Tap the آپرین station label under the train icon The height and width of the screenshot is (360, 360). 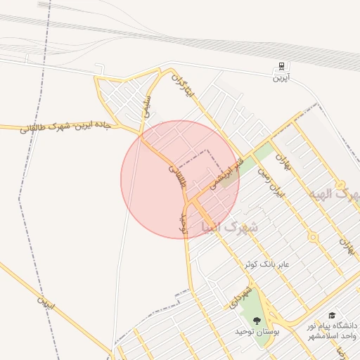point(281,78)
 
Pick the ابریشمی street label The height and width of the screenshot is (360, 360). point(220,173)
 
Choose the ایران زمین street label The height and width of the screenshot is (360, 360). point(270,181)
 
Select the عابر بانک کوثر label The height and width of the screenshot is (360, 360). point(266,264)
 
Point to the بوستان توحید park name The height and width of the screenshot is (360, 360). point(257,330)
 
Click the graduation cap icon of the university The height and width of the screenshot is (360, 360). point(332,316)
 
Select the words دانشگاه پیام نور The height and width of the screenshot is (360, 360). point(332,326)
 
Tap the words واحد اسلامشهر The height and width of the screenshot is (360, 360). point(332,337)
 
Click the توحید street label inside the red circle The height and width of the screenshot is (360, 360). point(185,221)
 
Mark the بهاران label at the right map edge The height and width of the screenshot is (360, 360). point(345,245)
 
